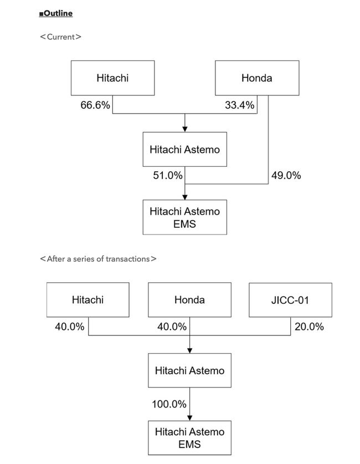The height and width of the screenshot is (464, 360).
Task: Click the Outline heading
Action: pos(56,13)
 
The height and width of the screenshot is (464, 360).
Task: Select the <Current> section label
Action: pos(60,37)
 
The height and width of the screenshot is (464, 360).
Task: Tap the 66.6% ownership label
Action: pos(95,105)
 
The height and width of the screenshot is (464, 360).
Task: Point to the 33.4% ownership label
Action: pos(239,105)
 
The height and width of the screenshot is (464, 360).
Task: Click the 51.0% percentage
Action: pos(168,176)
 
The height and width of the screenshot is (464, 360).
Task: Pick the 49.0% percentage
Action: pos(286,176)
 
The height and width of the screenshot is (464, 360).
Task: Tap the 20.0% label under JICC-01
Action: pos(309,327)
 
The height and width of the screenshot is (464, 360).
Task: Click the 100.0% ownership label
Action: pos(169,404)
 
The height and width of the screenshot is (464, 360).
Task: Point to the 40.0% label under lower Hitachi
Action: pos(69,327)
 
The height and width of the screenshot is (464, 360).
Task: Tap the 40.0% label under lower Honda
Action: pos(172,327)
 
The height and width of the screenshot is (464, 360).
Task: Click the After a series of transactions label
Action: pos(98,259)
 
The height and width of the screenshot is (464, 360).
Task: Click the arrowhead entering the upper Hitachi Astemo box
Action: pos(185,129)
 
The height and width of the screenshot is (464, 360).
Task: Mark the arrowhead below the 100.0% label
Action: pos(190,418)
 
